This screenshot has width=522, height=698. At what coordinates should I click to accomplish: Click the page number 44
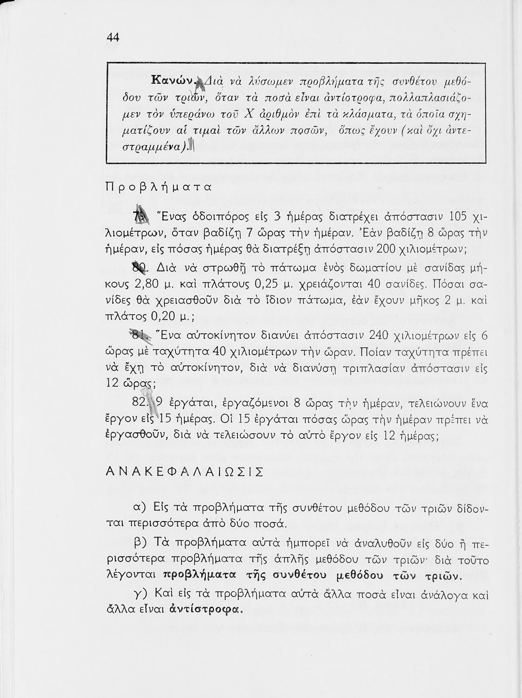(x=114, y=38)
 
